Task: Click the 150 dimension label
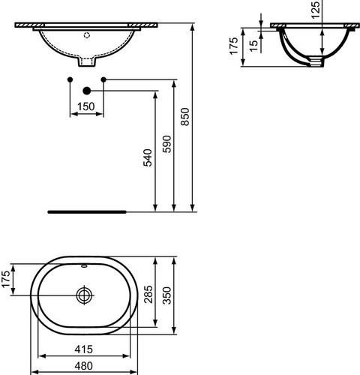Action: [x=85, y=106]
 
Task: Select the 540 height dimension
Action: [x=148, y=157]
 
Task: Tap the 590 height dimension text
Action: [x=166, y=144]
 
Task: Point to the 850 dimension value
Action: [x=185, y=116]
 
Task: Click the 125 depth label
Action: [x=316, y=10]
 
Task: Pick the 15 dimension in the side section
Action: [x=253, y=46]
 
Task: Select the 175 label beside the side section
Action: [x=234, y=46]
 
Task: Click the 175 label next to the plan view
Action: [x=6, y=279]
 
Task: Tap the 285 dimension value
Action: [x=148, y=294]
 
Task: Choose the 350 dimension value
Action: [x=167, y=295]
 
